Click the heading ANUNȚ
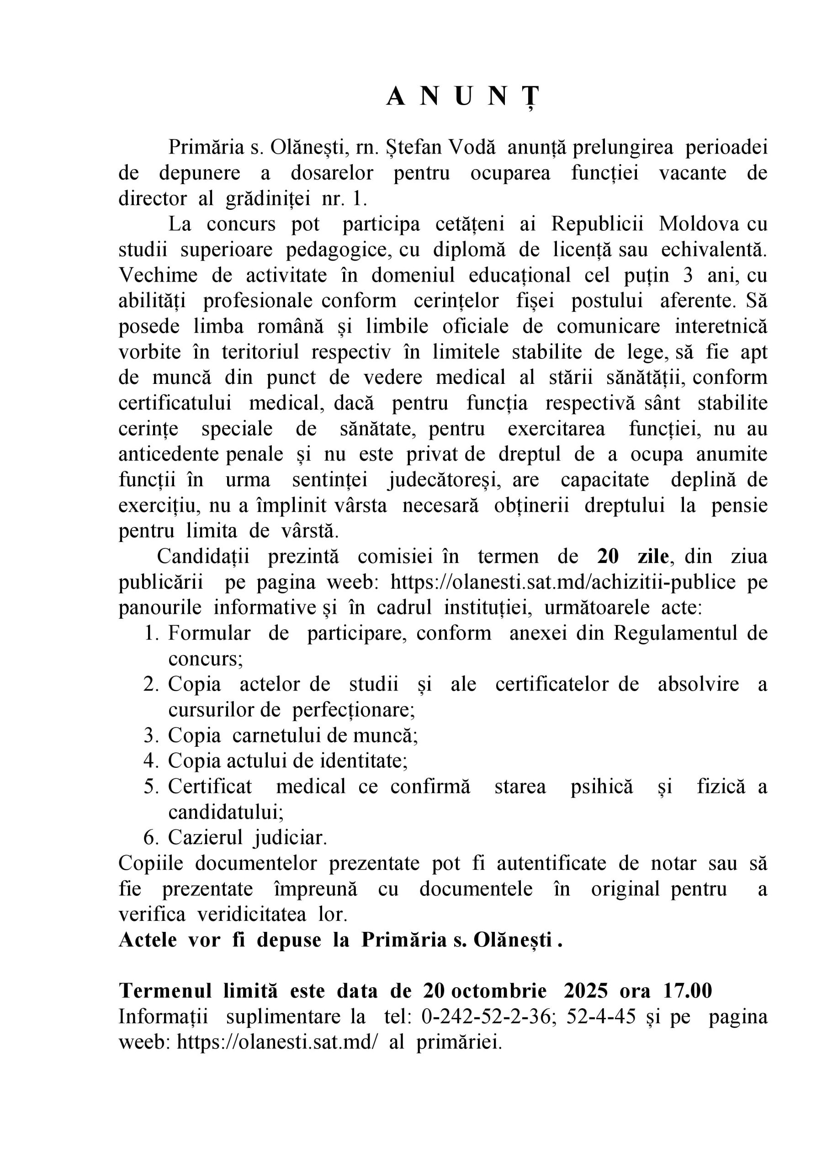[462, 97]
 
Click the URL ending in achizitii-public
[563, 581]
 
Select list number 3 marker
[151, 735]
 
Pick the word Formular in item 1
[209, 633]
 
